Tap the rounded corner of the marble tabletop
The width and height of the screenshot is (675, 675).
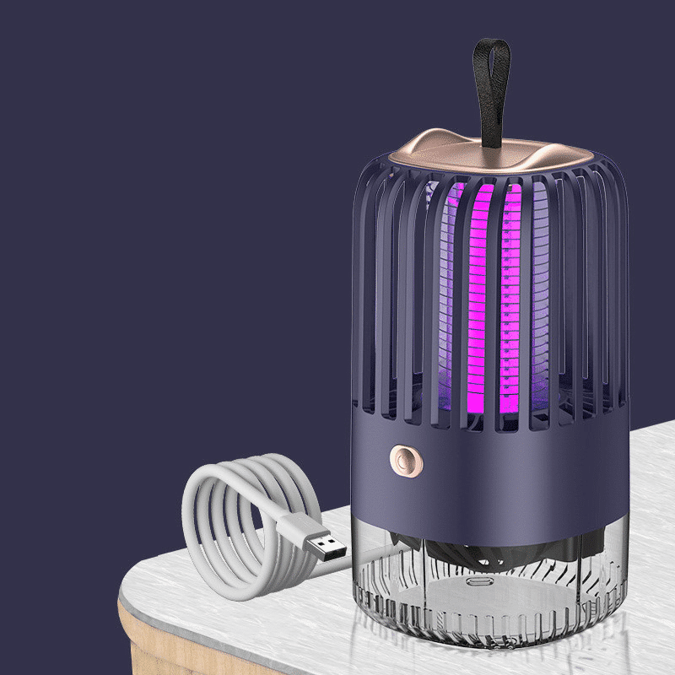pyautogui.click(x=135, y=582)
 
